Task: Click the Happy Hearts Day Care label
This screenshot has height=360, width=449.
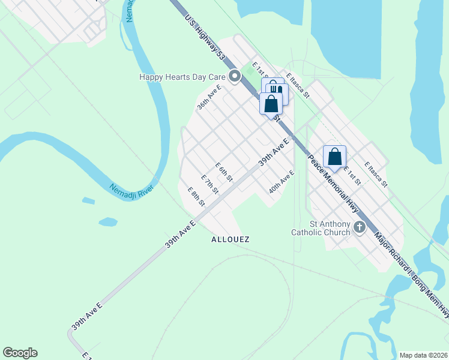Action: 182,77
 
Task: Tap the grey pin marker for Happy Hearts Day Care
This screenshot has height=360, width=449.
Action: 235,76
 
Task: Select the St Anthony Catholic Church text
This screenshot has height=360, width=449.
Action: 321,228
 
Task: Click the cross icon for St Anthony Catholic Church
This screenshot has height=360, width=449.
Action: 360,227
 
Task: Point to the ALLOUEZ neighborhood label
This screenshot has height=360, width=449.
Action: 230,239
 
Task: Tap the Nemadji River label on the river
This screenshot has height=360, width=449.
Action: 132,188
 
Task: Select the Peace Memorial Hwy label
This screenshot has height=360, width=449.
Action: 331,182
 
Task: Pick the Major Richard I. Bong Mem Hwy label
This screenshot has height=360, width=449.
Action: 412,273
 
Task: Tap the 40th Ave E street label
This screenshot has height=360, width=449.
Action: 282,181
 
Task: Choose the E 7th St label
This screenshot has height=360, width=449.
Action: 209,185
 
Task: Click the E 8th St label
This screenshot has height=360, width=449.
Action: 197,197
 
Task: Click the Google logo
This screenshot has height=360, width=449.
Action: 20,353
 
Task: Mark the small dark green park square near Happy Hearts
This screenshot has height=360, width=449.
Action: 250,71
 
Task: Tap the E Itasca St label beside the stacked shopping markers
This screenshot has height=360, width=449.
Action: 298,85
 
